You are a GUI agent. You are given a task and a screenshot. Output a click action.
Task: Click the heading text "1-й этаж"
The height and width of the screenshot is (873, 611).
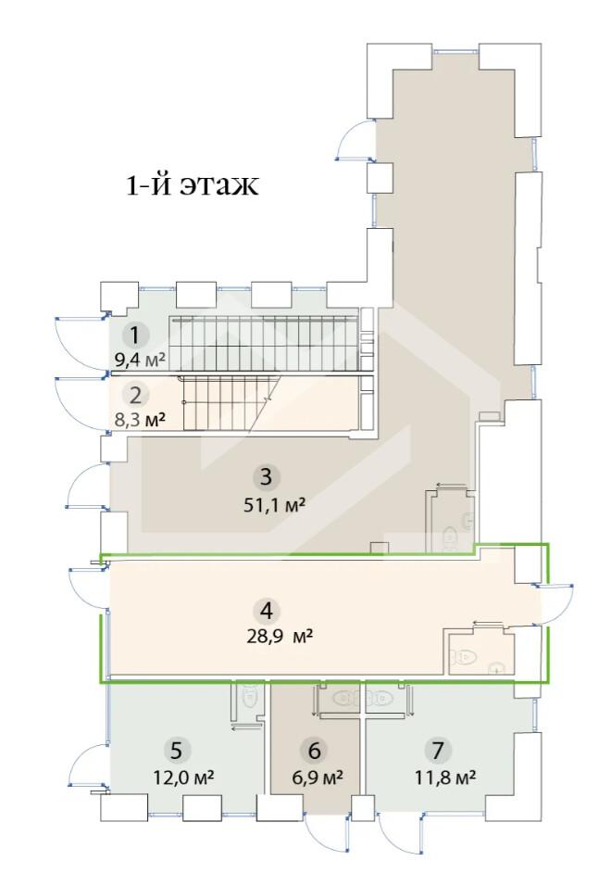(x=193, y=185)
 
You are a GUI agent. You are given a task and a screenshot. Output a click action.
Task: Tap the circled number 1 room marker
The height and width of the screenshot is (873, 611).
(x=134, y=335)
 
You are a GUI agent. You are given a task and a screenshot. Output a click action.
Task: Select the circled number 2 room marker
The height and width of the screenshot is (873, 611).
(x=135, y=396)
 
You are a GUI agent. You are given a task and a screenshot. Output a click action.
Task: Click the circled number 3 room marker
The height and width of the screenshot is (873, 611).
(x=266, y=477)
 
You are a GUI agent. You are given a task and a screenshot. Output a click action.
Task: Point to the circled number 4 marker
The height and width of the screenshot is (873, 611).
(x=267, y=612)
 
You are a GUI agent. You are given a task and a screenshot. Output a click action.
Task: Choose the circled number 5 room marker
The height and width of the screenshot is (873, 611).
(x=176, y=751)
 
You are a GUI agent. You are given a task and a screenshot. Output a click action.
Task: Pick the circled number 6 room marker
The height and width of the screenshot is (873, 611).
(x=314, y=751)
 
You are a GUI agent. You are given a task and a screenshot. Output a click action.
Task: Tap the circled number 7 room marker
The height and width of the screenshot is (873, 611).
(x=438, y=751)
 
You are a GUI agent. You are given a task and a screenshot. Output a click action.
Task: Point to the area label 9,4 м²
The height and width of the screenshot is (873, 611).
(x=140, y=359)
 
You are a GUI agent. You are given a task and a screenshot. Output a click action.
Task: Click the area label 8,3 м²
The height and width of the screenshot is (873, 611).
(x=140, y=419)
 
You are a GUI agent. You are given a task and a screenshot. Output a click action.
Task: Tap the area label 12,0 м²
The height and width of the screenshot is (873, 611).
(x=183, y=776)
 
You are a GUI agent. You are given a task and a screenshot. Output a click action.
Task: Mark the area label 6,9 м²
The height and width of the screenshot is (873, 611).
(x=317, y=776)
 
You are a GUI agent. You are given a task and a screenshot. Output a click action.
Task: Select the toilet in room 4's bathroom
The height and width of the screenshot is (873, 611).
(x=464, y=656)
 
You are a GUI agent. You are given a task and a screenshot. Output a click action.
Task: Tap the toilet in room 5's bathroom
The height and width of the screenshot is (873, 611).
(x=248, y=695)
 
